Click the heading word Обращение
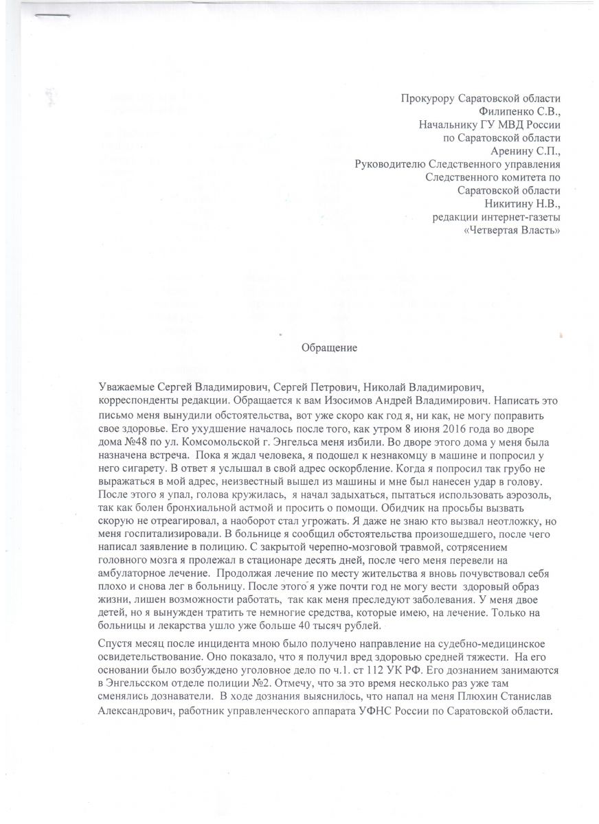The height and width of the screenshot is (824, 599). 330,347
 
